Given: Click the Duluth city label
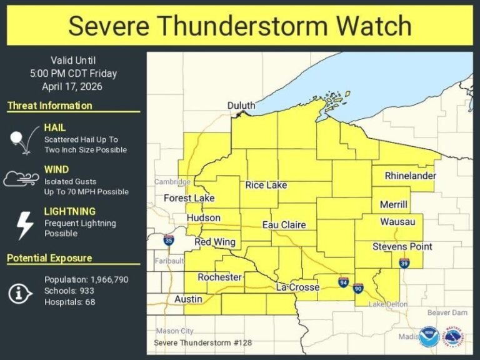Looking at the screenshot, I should (241, 106).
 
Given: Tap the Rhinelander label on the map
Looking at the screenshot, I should (410, 176).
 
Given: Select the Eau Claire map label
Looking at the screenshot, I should (284, 224).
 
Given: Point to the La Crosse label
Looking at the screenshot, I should (297, 287).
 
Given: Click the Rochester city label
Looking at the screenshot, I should (219, 277).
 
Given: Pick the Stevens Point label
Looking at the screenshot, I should (402, 247).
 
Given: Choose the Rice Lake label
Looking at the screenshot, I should (266, 185).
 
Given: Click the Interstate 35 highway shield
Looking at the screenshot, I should (169, 240).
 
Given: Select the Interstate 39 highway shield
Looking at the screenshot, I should (404, 263).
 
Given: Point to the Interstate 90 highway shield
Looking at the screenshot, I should (358, 287).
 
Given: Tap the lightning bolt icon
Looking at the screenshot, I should (24, 224).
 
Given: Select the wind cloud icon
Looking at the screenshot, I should (22, 180).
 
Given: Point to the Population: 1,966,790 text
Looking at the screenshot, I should (86, 279).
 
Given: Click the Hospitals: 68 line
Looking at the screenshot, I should (69, 302).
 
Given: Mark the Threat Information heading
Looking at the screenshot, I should (49, 106).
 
